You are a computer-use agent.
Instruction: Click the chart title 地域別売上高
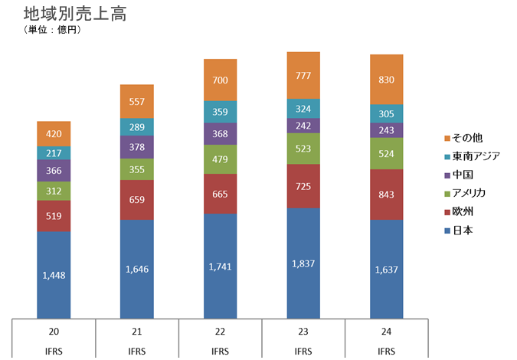click(x=75, y=14)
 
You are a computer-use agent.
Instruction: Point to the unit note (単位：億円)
click(x=53, y=31)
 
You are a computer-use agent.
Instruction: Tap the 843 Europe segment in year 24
click(x=386, y=194)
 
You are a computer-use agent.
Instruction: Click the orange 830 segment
click(x=386, y=80)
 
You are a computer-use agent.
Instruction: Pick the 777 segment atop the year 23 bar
click(x=303, y=75)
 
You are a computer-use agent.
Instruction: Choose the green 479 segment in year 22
click(x=220, y=159)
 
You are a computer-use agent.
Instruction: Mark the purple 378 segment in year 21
click(x=137, y=147)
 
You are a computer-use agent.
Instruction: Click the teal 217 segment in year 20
click(x=54, y=152)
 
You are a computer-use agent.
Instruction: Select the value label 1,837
click(x=303, y=264)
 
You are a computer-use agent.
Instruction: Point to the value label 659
click(x=137, y=201)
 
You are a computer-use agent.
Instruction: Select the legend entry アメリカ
click(x=469, y=192)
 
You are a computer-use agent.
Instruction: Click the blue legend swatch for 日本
click(x=446, y=229)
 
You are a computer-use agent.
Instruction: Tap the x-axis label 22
click(x=220, y=332)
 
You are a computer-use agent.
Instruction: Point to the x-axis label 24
click(x=386, y=332)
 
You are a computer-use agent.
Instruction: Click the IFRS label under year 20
click(x=54, y=352)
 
